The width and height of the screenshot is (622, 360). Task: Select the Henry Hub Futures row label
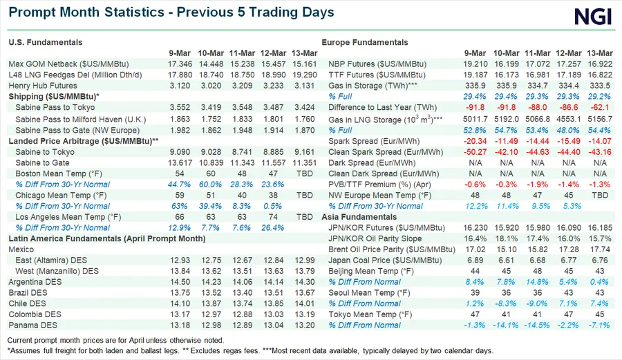41,86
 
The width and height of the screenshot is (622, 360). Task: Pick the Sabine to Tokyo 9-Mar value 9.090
181,151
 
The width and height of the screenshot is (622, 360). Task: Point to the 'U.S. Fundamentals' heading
46,42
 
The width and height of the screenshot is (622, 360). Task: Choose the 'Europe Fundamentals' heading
365,42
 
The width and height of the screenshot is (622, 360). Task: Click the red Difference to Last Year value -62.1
599,108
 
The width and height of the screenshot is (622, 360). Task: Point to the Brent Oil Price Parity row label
381,249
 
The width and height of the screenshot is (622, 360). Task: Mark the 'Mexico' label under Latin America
21,249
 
